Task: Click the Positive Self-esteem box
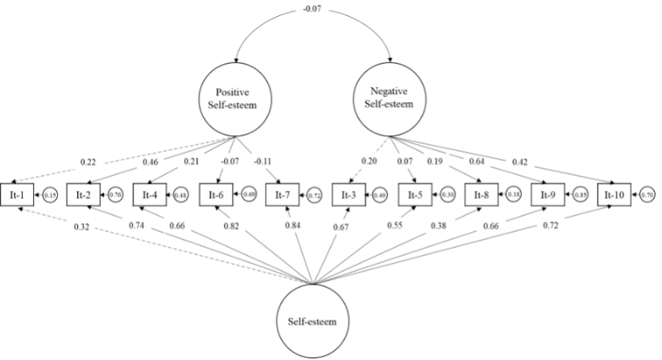coord(234,98)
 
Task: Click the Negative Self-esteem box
coord(389,97)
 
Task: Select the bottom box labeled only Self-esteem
coord(312,321)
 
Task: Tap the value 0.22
coord(89,163)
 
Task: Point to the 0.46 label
coord(151,163)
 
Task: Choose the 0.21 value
coord(192,162)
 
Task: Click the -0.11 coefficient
coord(263,162)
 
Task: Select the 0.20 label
coord(370,161)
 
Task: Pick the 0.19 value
coord(435,162)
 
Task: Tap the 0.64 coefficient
coord(478,162)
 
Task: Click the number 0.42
coord(520,163)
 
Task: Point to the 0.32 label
coord(81,227)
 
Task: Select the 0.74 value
coord(136,226)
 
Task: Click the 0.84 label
coord(293,226)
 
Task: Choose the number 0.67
coord(341,228)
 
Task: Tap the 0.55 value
coord(395,226)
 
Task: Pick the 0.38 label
coord(439,226)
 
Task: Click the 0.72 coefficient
coord(551,225)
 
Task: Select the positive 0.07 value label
coord(404,162)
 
